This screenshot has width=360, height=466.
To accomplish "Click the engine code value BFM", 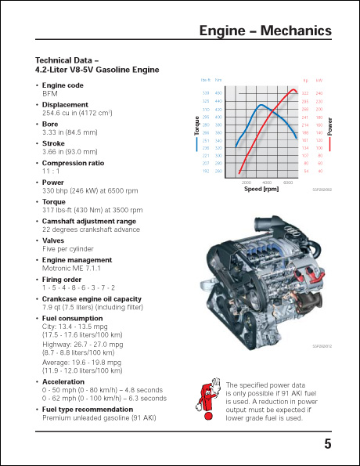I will pyautogui.click(x=50, y=92).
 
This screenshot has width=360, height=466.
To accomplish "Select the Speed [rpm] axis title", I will pyautogui.click(x=261, y=189).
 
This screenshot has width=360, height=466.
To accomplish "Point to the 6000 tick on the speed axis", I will pyautogui.click(x=288, y=182).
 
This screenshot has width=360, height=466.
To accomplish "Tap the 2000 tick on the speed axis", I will pyautogui.click(x=246, y=182).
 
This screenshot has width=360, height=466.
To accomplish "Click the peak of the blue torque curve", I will pyautogui.click(x=260, y=104).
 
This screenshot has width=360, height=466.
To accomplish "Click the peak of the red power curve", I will pyautogui.click(x=294, y=90).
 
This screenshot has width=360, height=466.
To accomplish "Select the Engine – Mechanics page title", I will pyautogui.click(x=265, y=31).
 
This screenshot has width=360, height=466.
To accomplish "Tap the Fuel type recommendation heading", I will pyautogui.click(x=87, y=409).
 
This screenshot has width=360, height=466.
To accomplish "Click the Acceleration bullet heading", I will pyautogui.click(x=63, y=381).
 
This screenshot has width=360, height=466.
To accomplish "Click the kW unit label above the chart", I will pyautogui.click(x=319, y=80).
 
